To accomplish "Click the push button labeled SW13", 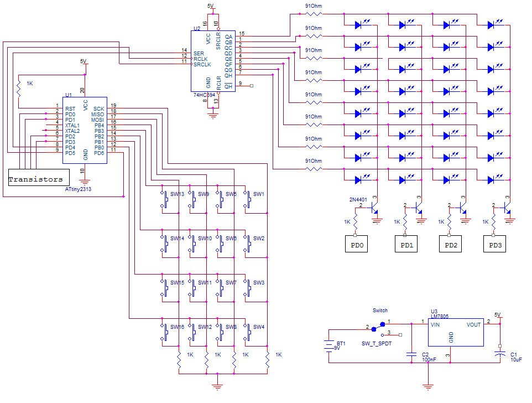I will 165,199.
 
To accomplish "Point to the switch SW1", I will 247,199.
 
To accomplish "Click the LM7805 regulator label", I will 440,316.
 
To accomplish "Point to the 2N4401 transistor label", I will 358,199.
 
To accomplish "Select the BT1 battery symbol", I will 329,346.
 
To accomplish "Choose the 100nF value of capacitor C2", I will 429,359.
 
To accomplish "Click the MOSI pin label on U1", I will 98,120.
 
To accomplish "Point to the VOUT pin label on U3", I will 473,325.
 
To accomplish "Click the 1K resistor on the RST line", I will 19,87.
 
